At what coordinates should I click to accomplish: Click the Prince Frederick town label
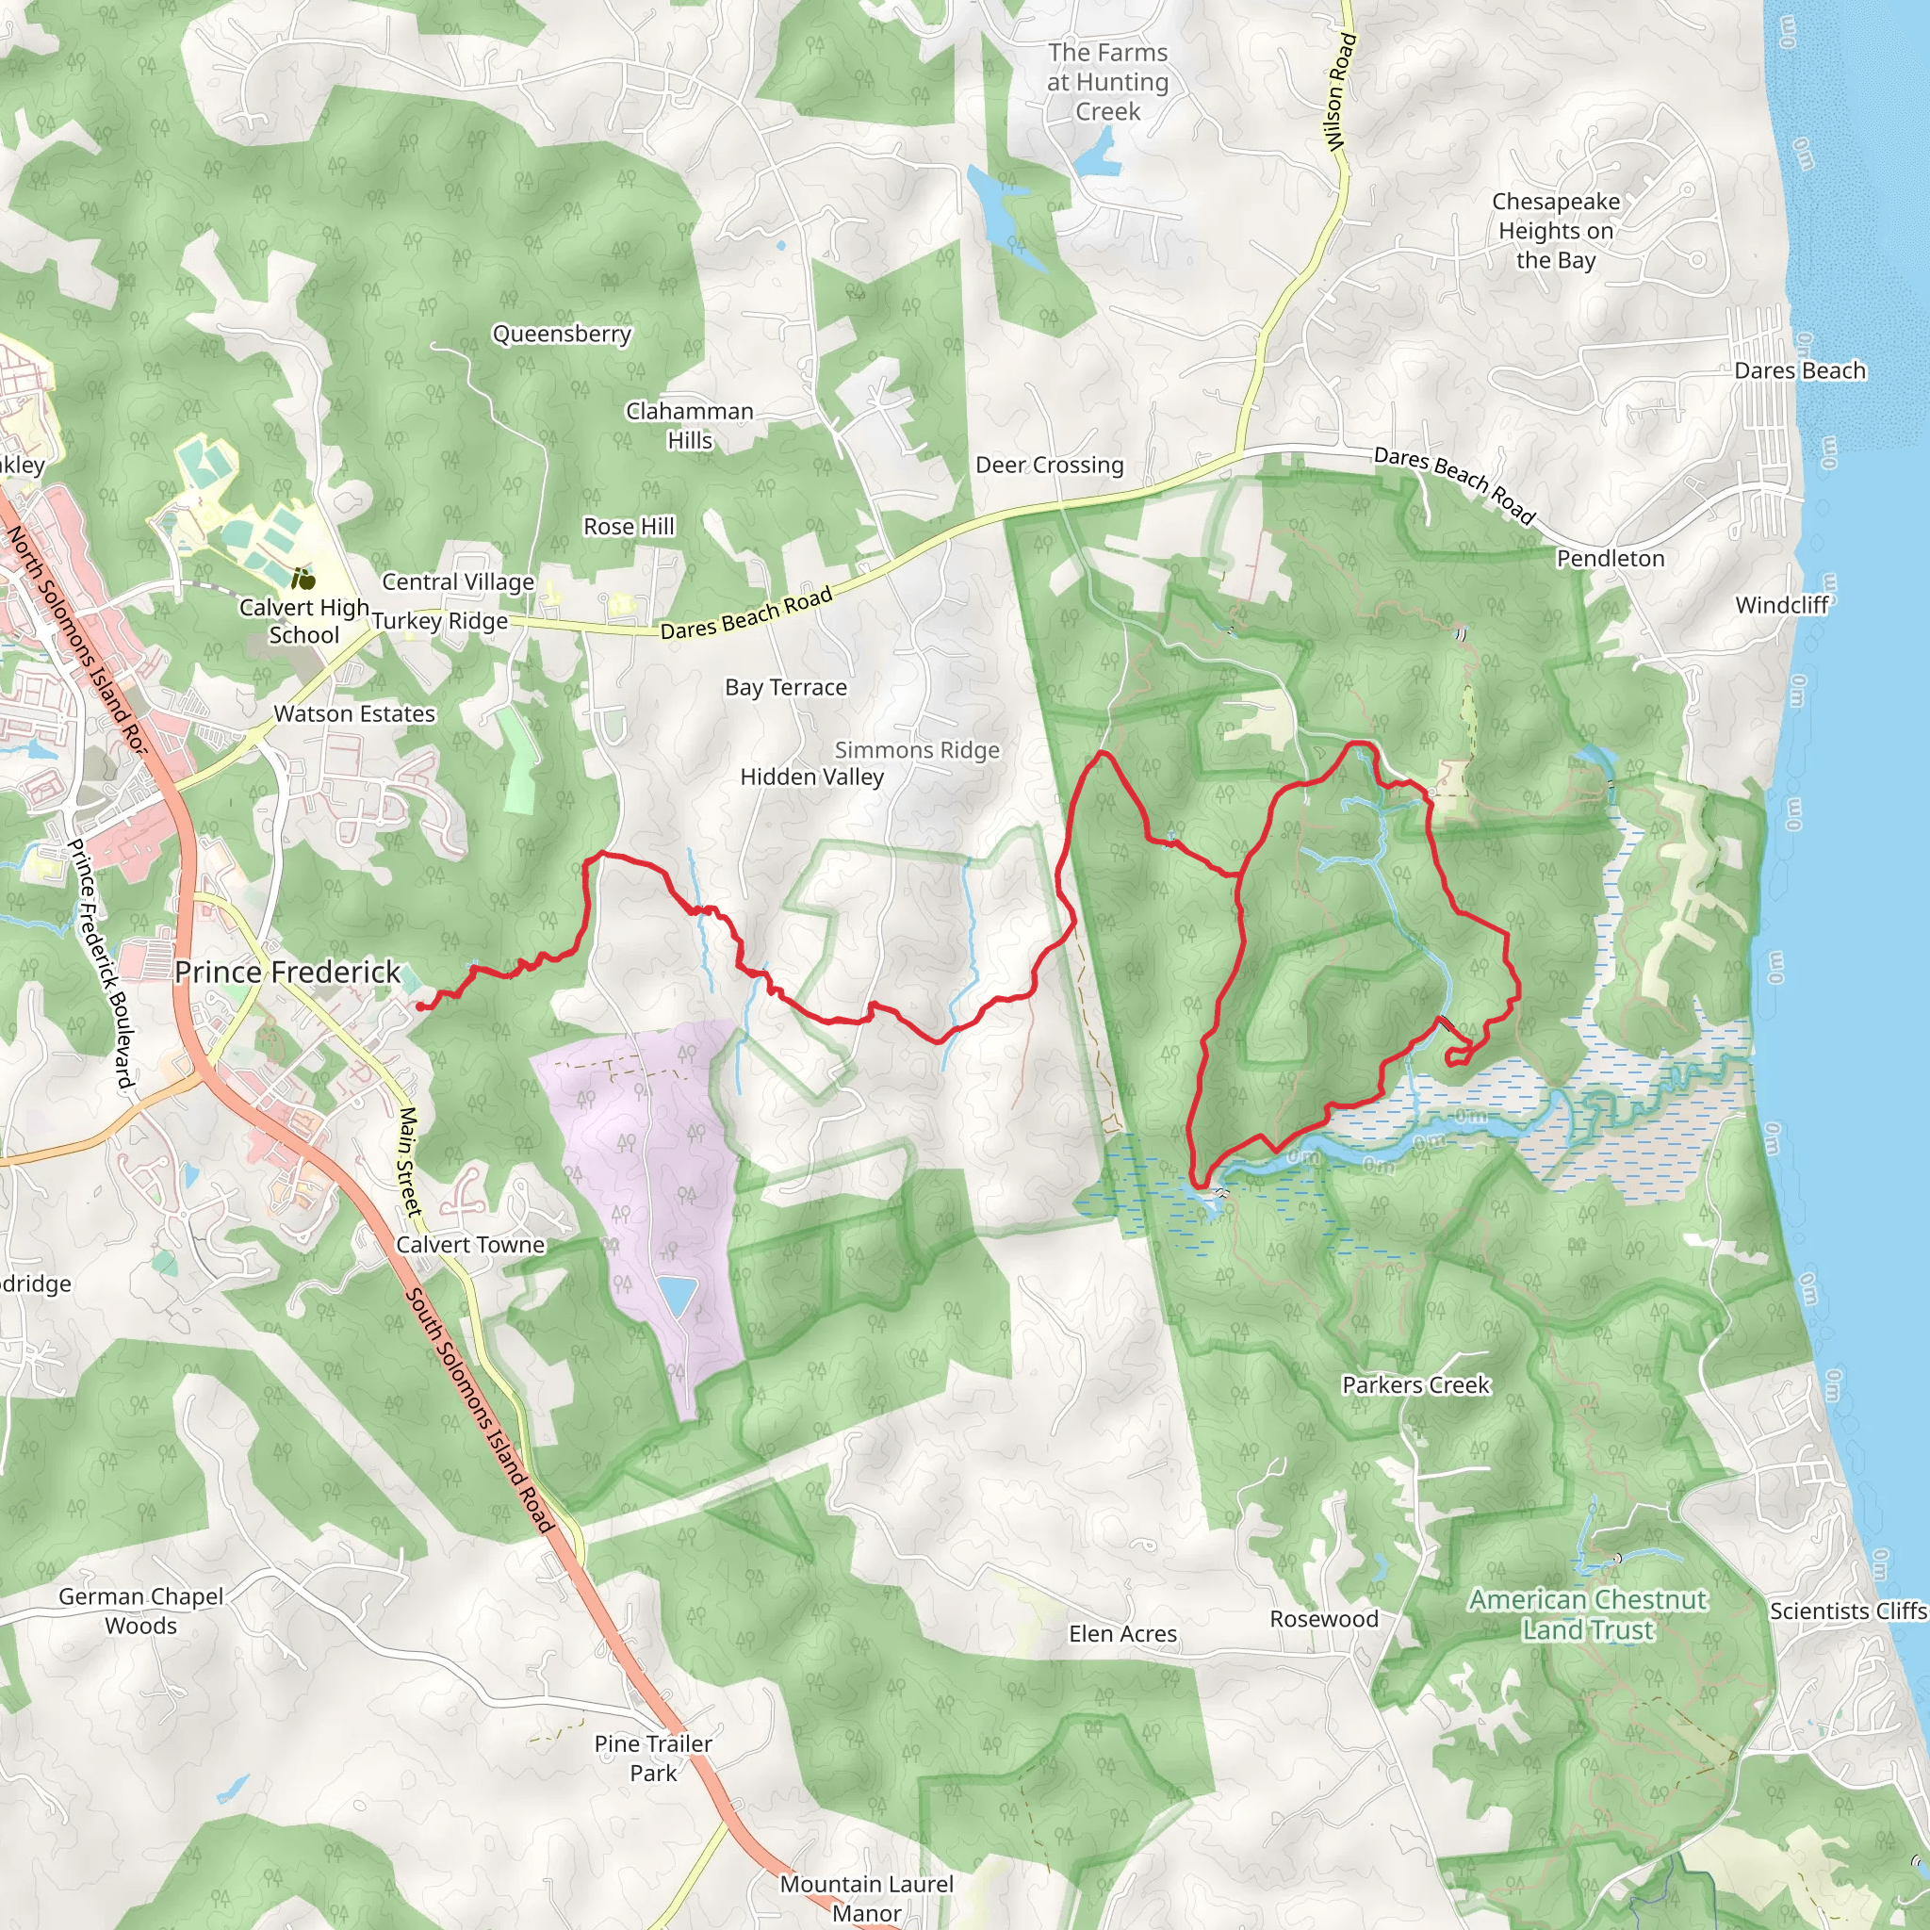coord(286,972)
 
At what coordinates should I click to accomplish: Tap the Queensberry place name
coord(562,334)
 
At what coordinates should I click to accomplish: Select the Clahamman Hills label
coord(689,426)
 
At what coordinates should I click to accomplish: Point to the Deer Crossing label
coord(1049,465)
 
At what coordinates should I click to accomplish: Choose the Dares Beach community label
coord(1799,370)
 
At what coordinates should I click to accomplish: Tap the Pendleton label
coord(1611,559)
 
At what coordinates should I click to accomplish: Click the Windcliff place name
coord(1781,604)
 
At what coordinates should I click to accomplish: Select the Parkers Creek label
coord(1415,1384)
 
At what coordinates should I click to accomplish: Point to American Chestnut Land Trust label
coord(1587,1614)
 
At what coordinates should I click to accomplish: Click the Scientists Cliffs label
coord(1847,1611)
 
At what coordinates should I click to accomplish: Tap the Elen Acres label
coord(1122,1633)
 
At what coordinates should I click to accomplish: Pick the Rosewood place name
coord(1324,1618)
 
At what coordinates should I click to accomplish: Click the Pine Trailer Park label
coord(653,1758)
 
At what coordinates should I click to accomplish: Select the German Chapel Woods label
coord(140,1611)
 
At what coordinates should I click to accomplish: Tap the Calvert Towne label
coord(470,1245)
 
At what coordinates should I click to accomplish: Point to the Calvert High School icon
coord(303,579)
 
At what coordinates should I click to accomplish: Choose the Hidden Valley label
coord(811,777)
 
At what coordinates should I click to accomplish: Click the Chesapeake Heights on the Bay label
coord(1555,231)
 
